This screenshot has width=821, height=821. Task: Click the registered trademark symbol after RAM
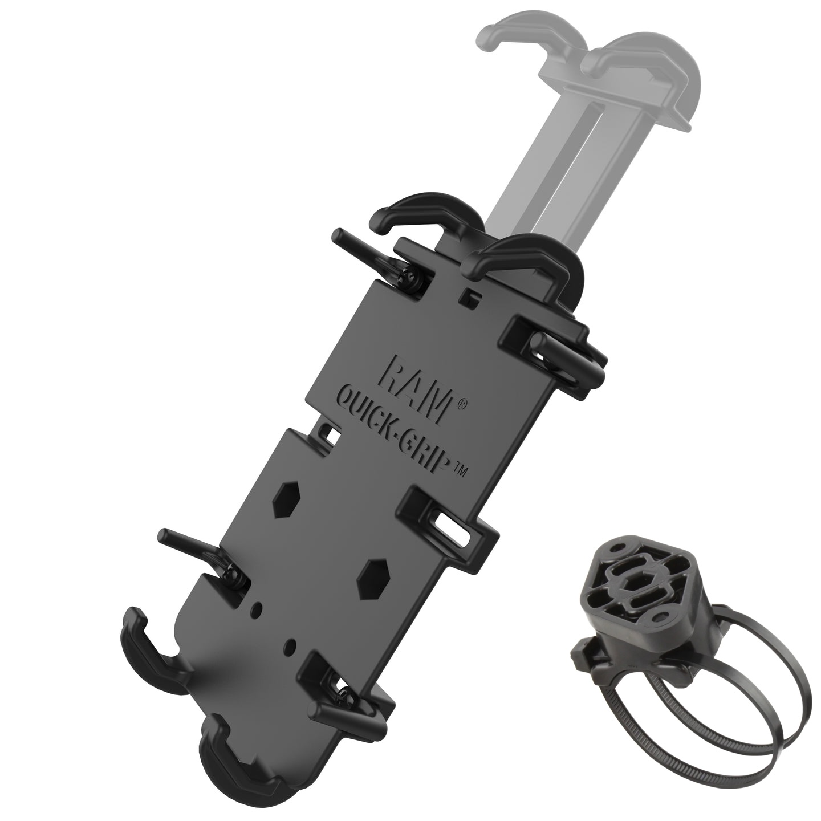coord(461,408)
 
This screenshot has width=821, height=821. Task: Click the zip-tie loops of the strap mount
coord(699,699)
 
